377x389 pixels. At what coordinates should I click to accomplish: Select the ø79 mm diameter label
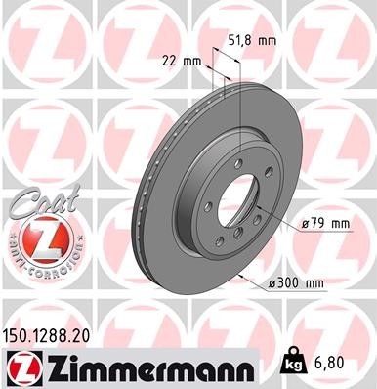[x=325, y=224]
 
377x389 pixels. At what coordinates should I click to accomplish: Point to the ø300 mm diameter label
[x=295, y=283]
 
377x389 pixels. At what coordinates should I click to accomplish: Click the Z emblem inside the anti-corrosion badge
[x=36, y=238]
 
